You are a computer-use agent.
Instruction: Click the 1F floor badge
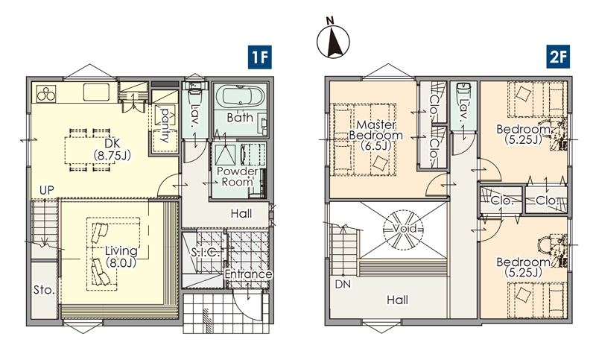[x=259, y=57]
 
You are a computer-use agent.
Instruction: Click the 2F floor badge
[x=558, y=57]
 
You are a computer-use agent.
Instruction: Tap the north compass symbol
[x=333, y=40]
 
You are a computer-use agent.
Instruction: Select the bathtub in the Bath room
[x=240, y=97]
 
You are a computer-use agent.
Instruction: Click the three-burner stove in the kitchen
[x=46, y=93]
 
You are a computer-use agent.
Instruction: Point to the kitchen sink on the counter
[x=96, y=92]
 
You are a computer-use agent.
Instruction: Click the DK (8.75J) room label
[x=112, y=149]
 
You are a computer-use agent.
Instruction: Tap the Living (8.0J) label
[x=121, y=256]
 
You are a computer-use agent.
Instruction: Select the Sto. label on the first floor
[x=44, y=291]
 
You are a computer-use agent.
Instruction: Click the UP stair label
[x=47, y=190]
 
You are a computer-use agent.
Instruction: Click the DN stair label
[x=343, y=284]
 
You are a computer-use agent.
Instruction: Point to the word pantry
[x=165, y=125]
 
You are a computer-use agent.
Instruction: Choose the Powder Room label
[x=237, y=177]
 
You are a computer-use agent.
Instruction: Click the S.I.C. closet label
[x=206, y=252]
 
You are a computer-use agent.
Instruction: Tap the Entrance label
[x=248, y=274]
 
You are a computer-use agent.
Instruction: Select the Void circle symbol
[x=403, y=230]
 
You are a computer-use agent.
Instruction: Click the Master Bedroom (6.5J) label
[x=376, y=136]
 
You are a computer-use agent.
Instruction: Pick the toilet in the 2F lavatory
[x=463, y=89]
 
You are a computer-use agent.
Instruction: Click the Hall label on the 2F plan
[x=397, y=300]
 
